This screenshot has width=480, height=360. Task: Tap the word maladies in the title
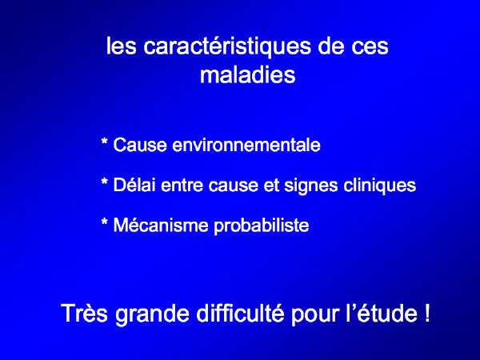248,74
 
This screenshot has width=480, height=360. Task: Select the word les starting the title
121,46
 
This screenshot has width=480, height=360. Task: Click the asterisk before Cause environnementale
104,142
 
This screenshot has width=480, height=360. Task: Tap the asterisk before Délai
104,182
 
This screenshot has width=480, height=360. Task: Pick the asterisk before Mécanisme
104,222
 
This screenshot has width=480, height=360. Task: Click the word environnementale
246,145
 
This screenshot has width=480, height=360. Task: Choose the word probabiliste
262,226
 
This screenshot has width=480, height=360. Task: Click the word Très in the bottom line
85,313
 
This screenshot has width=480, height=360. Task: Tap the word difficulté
240,313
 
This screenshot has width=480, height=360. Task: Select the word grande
152,315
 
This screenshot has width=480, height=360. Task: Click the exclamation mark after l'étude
427,313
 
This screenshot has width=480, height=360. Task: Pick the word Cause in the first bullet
140,145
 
